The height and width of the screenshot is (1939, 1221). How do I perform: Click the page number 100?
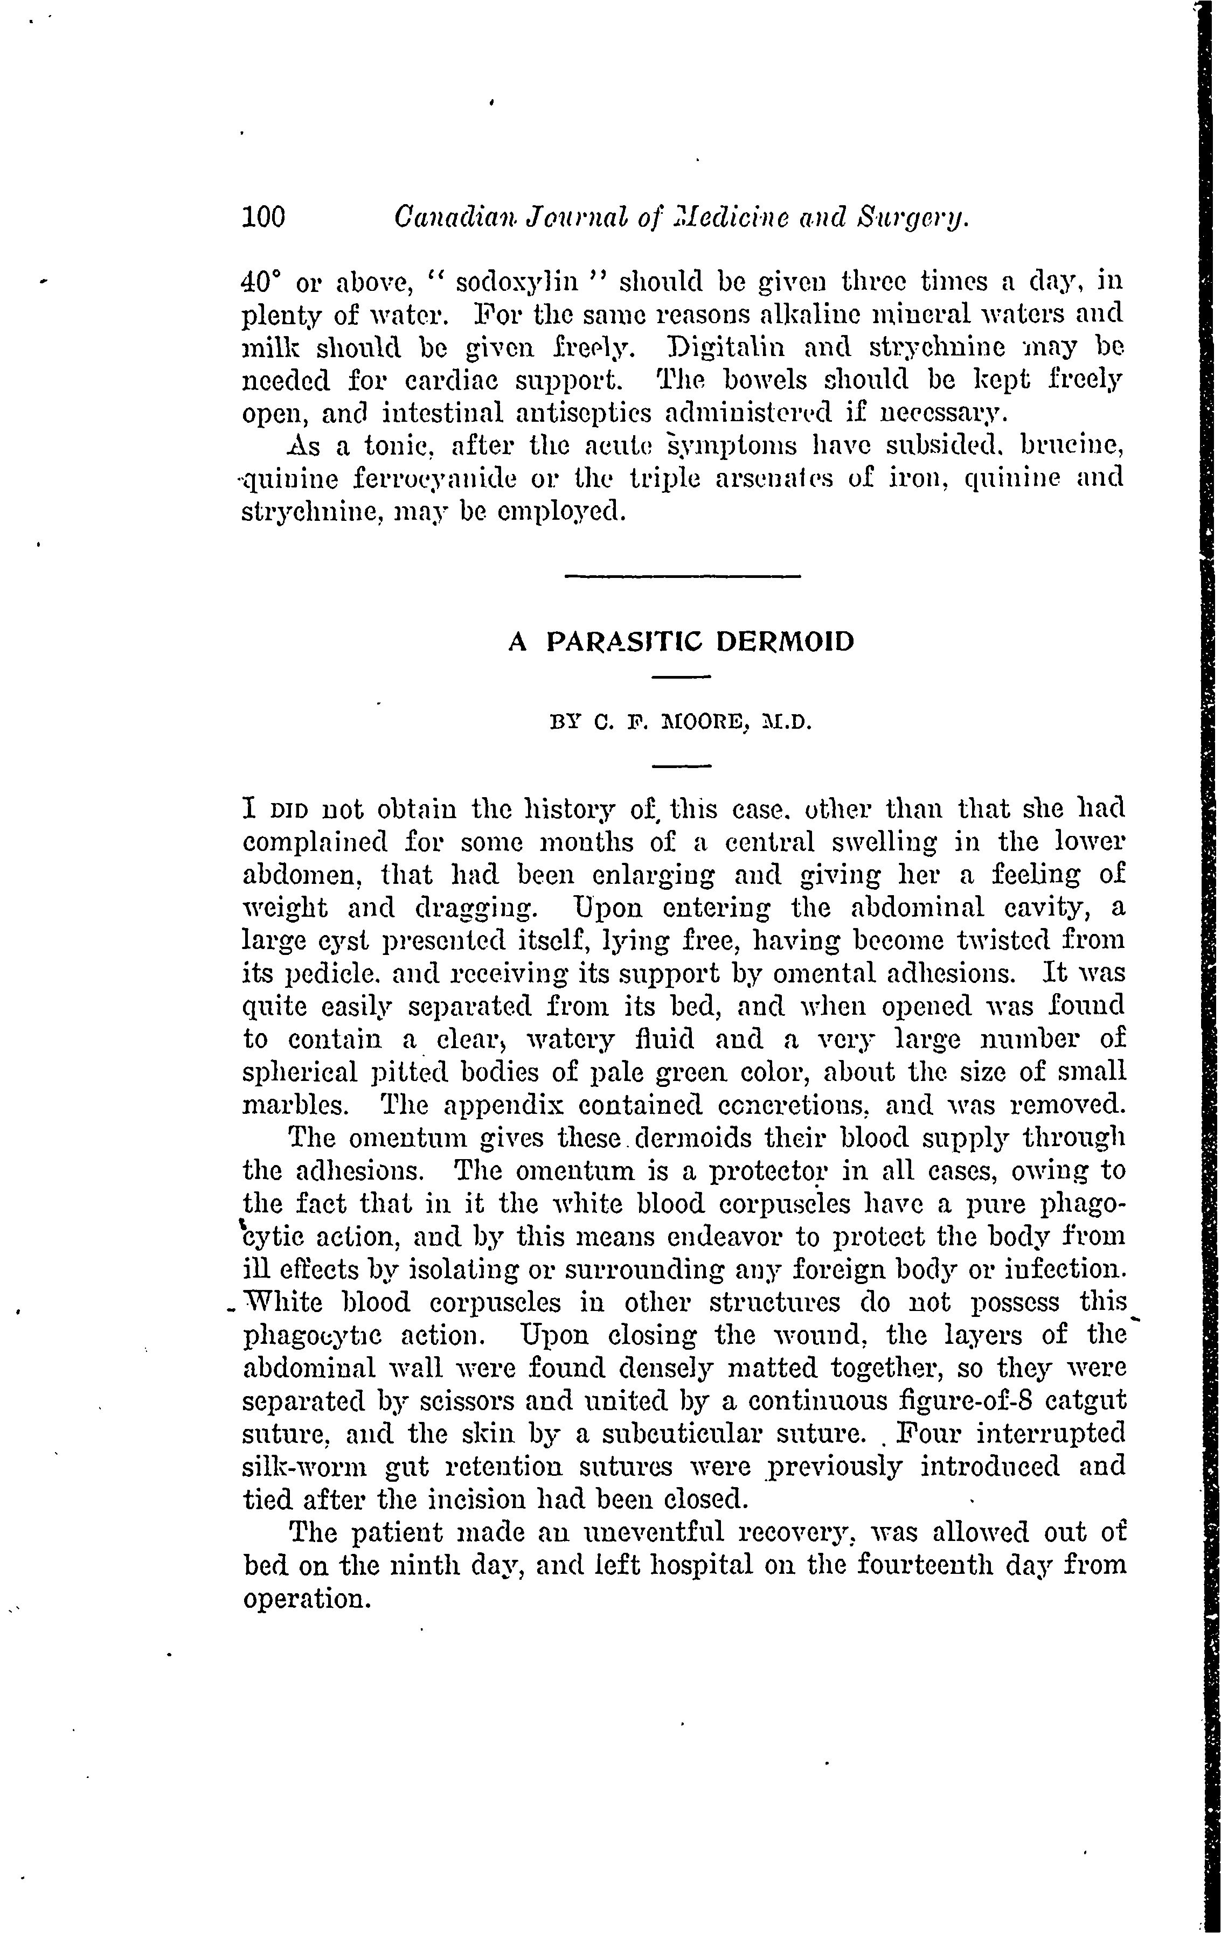(263, 218)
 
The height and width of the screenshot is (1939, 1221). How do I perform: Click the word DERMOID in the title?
(785, 642)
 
